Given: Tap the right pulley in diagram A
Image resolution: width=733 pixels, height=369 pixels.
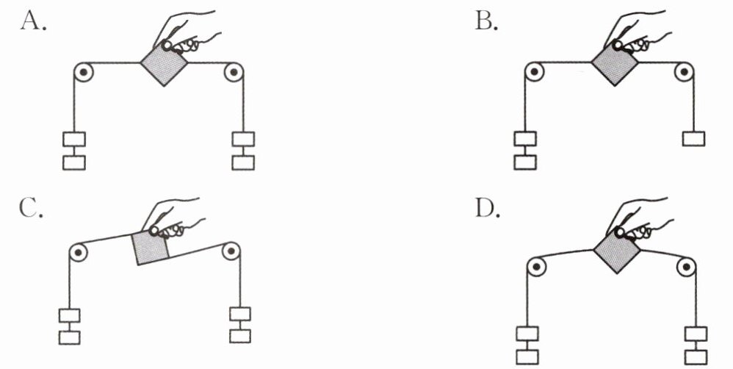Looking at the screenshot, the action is [234, 74].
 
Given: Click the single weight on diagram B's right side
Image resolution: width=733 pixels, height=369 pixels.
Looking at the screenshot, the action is [693, 137].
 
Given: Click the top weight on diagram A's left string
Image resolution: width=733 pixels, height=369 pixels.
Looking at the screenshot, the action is [74, 138].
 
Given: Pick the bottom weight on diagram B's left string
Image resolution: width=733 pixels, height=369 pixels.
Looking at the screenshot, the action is [525, 162].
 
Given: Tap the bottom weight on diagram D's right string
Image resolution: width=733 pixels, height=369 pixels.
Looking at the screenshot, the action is [694, 357].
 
